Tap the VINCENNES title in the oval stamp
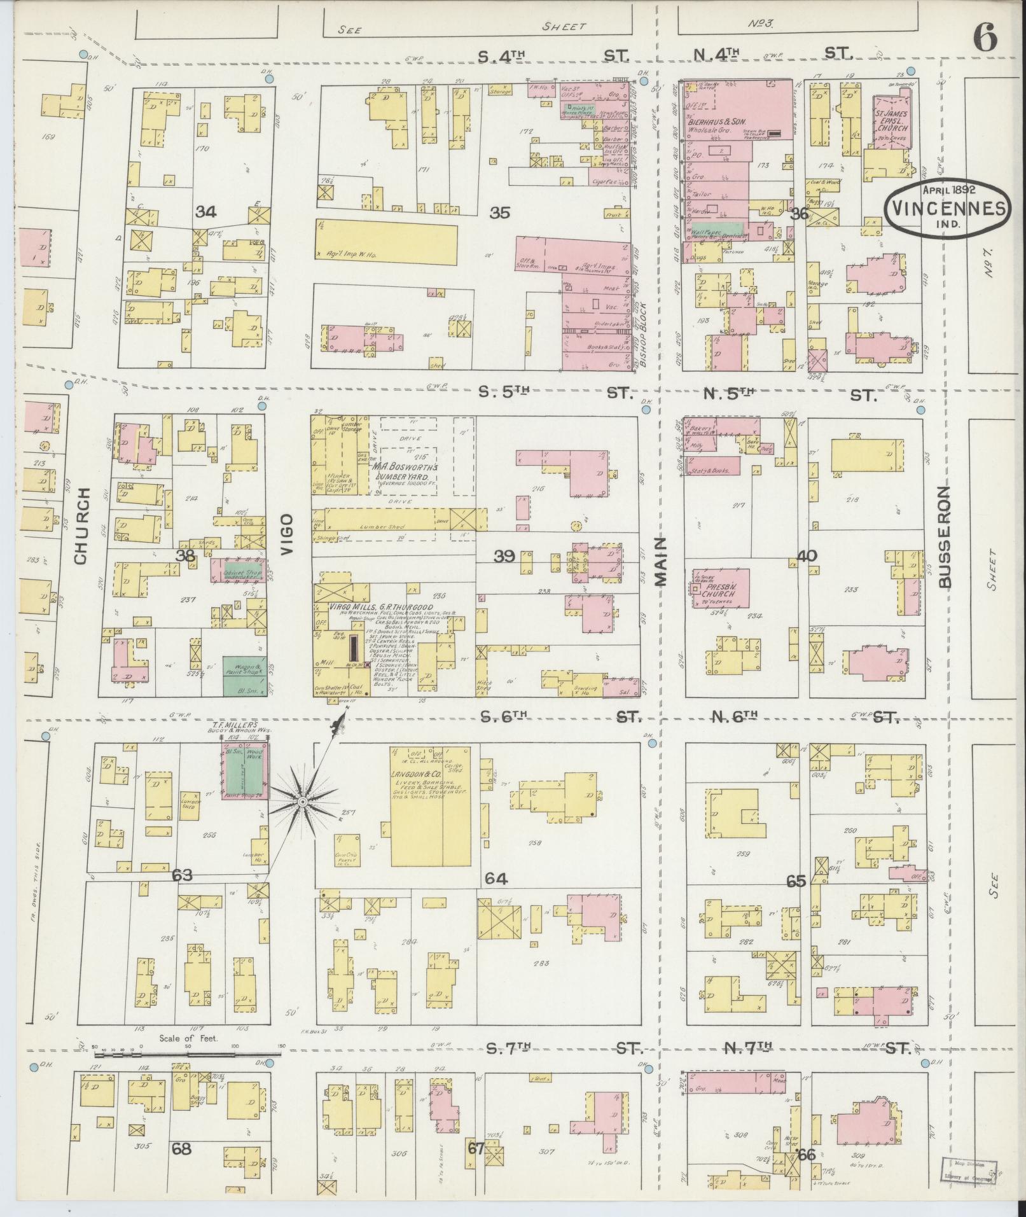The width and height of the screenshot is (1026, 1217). [946, 208]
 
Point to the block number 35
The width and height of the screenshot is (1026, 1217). [500, 213]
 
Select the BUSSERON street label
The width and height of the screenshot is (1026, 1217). [944, 537]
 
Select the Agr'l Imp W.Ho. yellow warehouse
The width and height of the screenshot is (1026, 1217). [386, 242]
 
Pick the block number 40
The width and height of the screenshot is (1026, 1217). [807, 556]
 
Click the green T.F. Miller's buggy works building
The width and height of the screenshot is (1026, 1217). [244, 767]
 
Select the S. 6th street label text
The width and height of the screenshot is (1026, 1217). [504, 717]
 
